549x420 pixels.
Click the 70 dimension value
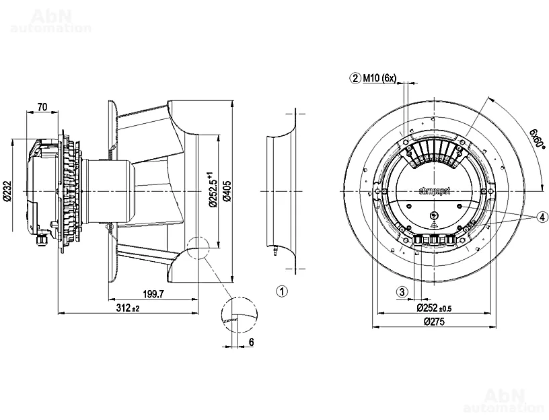42,106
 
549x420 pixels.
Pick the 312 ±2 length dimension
126,308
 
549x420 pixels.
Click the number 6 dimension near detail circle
251,342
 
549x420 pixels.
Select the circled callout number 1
283,291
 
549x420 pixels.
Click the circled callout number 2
355,78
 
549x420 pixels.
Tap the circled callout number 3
402,292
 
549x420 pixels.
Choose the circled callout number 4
542,217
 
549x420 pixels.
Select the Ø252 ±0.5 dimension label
433,308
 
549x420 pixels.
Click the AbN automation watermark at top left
51,20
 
